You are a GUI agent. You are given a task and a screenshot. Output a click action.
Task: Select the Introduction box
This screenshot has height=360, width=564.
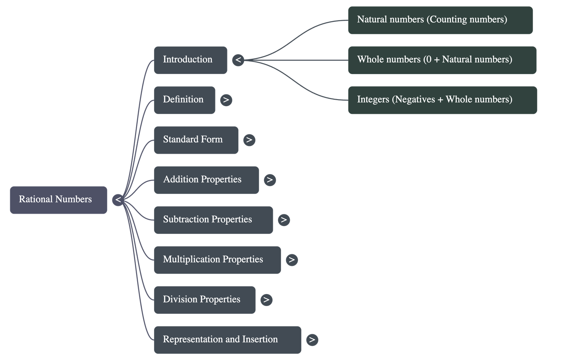[190, 60]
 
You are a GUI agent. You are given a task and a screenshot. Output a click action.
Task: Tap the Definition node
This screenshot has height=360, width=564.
[184, 100]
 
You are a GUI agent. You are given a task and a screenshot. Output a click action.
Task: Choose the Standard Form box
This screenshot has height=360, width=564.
[196, 140]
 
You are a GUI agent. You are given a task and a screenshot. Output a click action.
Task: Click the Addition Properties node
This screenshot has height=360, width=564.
[206, 180]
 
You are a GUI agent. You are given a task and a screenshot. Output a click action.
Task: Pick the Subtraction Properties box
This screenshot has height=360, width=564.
[213, 220]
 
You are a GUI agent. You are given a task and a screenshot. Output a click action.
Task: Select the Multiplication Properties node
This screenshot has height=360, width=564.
[217, 260]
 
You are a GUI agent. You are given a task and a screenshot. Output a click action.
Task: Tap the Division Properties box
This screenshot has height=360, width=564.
[204, 300]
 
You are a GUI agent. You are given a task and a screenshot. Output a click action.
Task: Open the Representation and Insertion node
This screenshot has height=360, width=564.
[227, 340]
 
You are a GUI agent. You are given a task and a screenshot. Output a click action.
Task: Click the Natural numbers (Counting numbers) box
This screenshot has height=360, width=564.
[440, 20]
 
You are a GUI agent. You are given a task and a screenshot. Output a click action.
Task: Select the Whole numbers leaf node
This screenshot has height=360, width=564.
[442, 60]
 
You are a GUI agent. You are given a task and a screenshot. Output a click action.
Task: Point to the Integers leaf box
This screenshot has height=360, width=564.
[442, 100]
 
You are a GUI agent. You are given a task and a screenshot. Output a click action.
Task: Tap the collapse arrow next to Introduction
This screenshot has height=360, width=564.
[238, 60]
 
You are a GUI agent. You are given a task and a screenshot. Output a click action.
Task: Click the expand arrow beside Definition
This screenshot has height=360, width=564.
[226, 100]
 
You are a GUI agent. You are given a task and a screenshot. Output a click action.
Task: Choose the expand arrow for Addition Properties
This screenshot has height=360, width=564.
[270, 180]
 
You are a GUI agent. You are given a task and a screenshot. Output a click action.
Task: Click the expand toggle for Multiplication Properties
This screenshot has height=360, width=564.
[292, 260]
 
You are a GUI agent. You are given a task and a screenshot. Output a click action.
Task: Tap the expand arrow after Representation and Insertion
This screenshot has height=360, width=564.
[312, 340]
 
